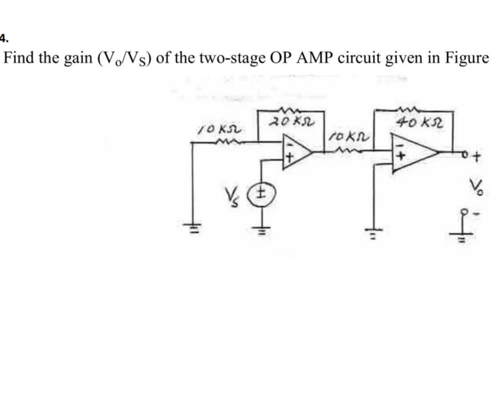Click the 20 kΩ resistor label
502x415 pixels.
(289, 122)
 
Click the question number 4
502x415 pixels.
(3, 38)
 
